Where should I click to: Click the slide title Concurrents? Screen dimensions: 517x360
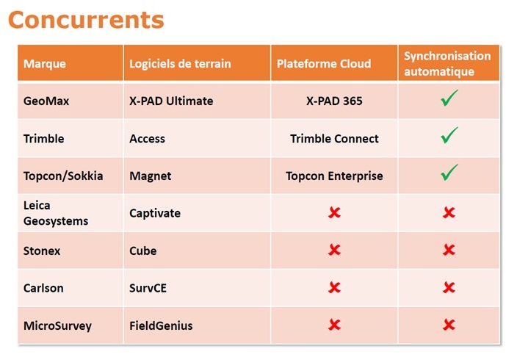pyautogui.click(x=86, y=20)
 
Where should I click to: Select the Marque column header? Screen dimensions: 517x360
pyautogui.click(x=45, y=64)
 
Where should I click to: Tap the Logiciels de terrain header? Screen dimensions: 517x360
pyautogui.click(x=180, y=64)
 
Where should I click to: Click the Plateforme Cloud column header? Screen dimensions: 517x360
pyautogui.click(x=324, y=64)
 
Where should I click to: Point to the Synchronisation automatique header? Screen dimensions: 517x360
pyautogui.click(x=447, y=64)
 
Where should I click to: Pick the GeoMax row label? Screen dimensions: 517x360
pyautogui.click(x=46, y=101)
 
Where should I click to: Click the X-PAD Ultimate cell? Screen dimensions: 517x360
pyautogui.click(x=171, y=101)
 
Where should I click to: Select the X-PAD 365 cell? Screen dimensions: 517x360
pyautogui.click(x=334, y=101)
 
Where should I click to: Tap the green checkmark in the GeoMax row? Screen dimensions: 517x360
pyautogui.click(x=449, y=99)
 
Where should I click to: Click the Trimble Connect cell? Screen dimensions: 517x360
pyautogui.click(x=334, y=139)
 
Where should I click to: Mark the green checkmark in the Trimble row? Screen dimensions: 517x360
pyautogui.click(x=449, y=136)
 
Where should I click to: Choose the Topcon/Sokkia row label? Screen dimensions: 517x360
pyautogui.click(x=63, y=176)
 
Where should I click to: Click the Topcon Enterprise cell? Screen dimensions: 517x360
pyautogui.click(x=334, y=176)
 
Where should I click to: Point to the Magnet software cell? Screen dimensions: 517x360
pyautogui.click(x=150, y=176)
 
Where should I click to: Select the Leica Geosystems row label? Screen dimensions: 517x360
pyautogui.click(x=56, y=213)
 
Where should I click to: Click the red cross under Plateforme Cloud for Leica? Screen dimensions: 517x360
pyautogui.click(x=334, y=212)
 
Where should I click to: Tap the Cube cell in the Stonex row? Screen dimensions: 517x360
pyautogui.click(x=142, y=251)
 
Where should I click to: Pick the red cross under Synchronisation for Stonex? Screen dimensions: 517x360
pyautogui.click(x=449, y=250)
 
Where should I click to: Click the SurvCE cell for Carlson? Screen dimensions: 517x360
pyautogui.click(x=148, y=289)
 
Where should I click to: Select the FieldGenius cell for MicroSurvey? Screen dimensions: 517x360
pyautogui.click(x=161, y=326)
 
